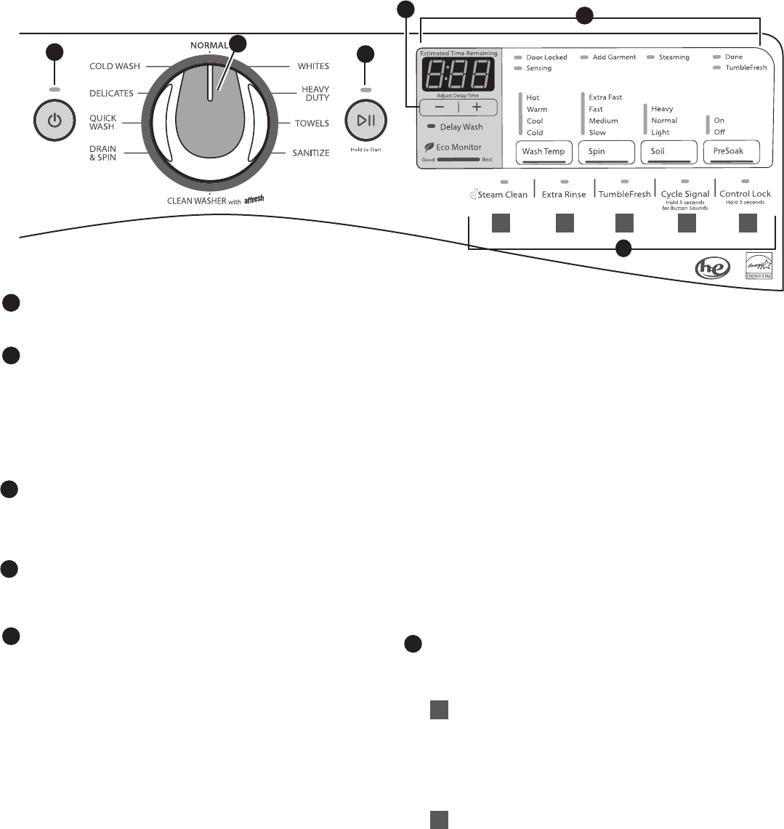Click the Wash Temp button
[544, 152]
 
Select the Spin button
[606, 152]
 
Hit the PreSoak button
[731, 152]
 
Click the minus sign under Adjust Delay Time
[440, 107]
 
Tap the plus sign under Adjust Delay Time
[477, 107]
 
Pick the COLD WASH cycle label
[115, 66]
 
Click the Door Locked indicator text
[546, 57]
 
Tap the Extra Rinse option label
[564, 195]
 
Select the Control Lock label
[745, 194]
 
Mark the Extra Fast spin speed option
[605, 97]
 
